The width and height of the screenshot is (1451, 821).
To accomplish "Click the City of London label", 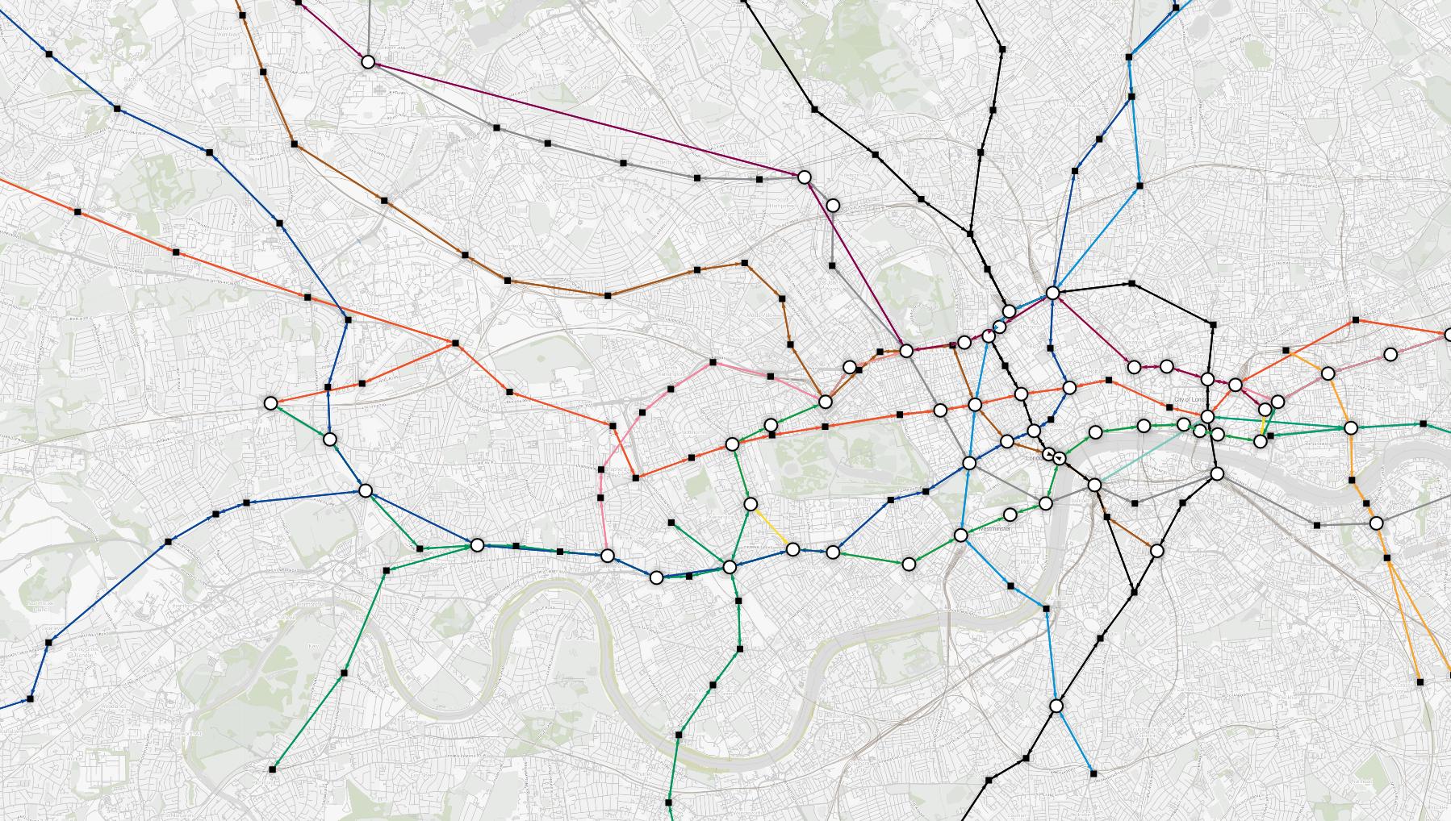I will click(1194, 400).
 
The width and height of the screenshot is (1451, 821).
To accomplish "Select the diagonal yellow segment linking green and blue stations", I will click(771, 527).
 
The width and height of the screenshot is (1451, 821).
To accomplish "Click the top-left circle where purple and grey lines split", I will click(368, 62).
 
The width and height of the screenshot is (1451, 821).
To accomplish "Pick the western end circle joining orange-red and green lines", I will click(271, 402).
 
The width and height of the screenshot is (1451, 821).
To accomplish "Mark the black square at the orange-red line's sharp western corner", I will click(455, 344).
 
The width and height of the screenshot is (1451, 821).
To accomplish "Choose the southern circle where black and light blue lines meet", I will click(1056, 706).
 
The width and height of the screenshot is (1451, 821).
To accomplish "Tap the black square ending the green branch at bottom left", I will click(272, 770).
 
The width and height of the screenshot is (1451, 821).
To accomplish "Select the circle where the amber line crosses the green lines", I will click(1352, 428).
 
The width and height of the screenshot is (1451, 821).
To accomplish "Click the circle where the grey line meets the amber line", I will click(1376, 523).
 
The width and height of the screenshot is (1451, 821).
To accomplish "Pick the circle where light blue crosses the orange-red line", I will click(975, 404).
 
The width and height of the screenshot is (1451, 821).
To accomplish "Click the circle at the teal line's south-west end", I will click(1094, 485).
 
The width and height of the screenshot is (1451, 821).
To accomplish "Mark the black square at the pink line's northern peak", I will click(713, 362).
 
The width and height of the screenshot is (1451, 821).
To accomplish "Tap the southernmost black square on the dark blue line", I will click(31, 698).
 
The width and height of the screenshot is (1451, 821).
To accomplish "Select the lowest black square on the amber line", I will click(1420, 682).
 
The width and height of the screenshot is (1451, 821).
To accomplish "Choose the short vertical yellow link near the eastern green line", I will click(1263, 426).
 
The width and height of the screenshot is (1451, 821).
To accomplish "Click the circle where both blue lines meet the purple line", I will click(1052, 293).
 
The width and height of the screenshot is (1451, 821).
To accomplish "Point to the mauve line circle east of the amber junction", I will click(1390, 354).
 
